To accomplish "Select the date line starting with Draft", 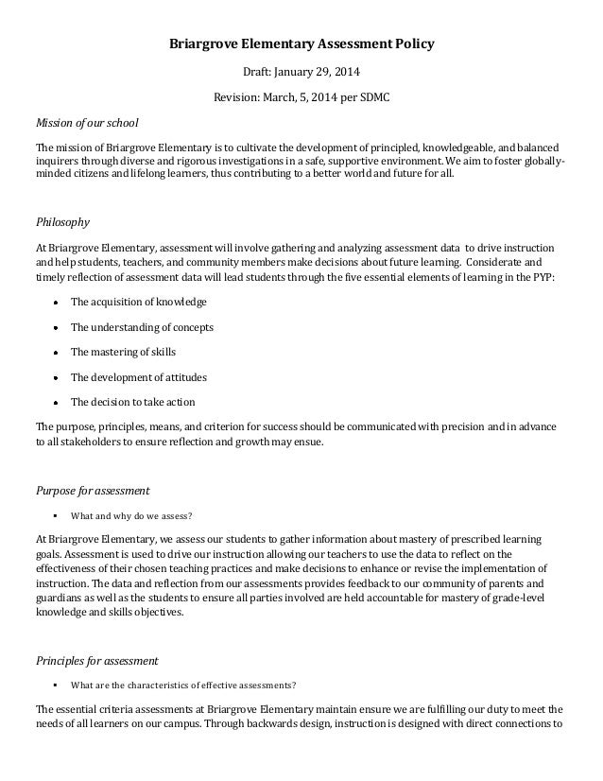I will click(301, 72).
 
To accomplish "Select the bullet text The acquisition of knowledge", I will click(139, 302).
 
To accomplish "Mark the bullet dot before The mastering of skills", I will click(58, 353).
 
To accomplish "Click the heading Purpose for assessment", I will click(92, 491).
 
